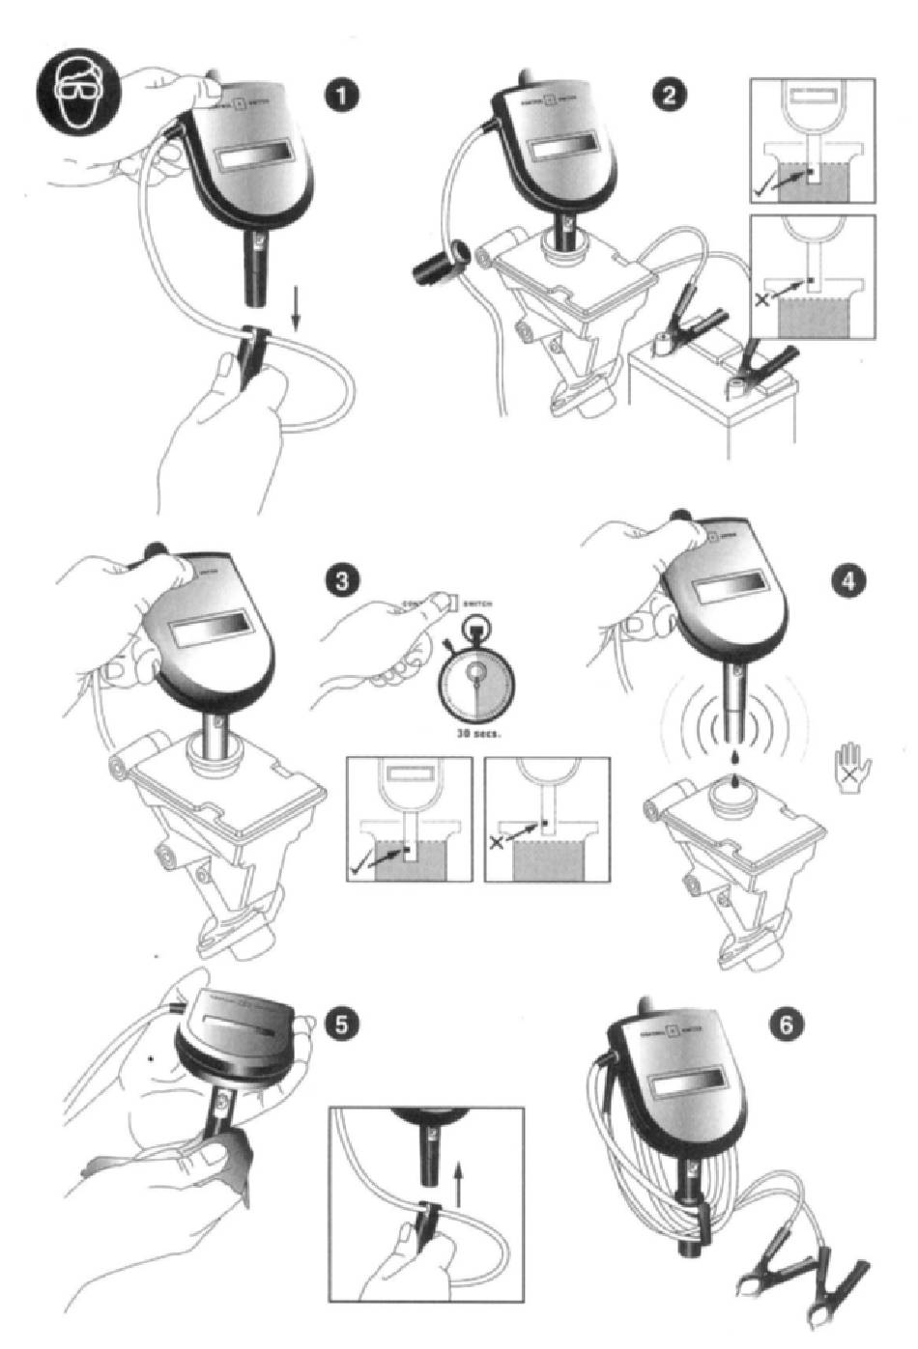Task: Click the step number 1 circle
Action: pyautogui.click(x=343, y=97)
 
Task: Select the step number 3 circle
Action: pyautogui.click(x=343, y=582)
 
